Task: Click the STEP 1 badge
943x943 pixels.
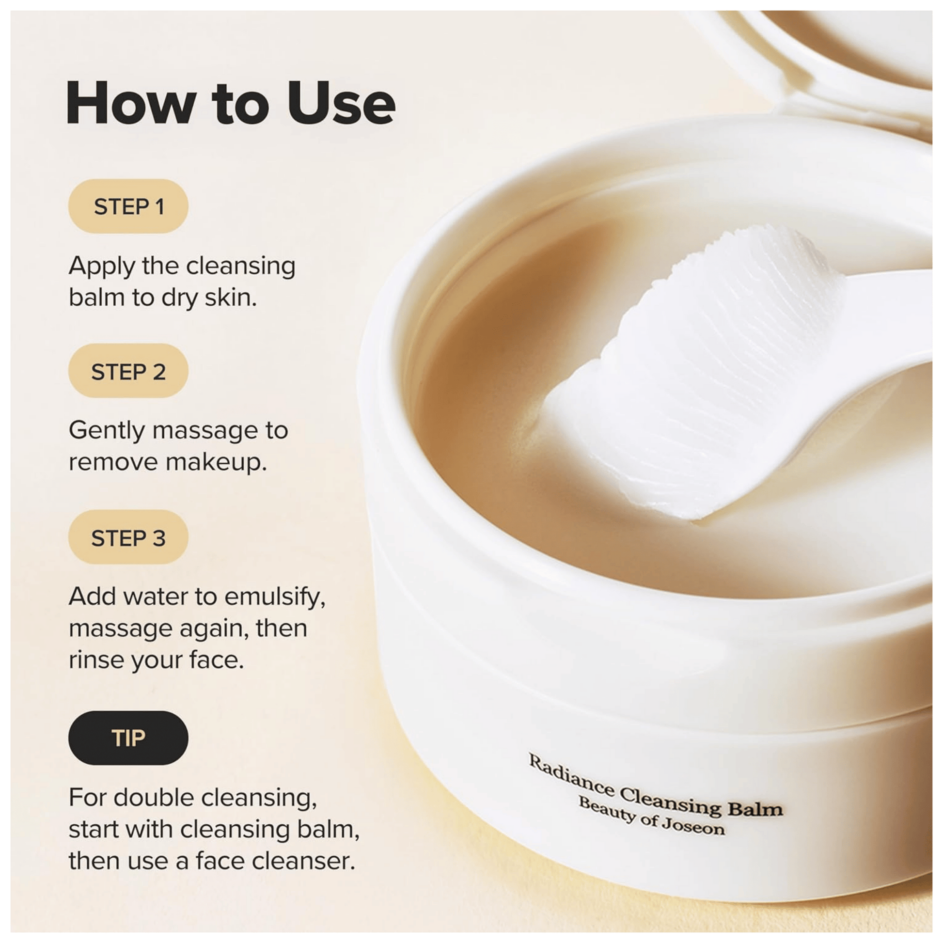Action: coord(128,206)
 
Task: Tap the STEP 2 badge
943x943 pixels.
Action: coord(128,371)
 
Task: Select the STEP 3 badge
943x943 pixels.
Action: coord(128,537)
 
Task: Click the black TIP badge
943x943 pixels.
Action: coord(128,738)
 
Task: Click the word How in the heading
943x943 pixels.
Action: coord(131,103)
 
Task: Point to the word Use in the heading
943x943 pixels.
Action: coord(342,103)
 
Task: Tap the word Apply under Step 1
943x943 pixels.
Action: coord(102,267)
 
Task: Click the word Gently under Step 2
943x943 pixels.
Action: coord(107,431)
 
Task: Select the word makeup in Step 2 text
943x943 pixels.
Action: coord(216,463)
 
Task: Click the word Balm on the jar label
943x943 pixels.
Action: coord(755,809)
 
